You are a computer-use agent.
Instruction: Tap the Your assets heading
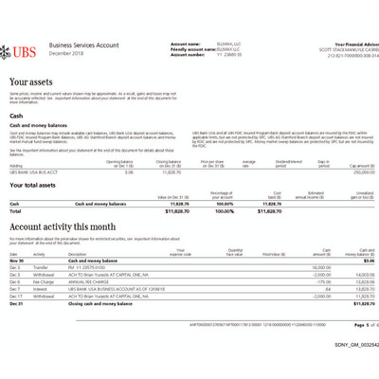pos(31,83)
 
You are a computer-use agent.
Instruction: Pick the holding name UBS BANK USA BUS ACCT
pos(31,172)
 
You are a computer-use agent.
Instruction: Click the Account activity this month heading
pos(63,227)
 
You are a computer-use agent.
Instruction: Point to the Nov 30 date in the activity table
pos(16,261)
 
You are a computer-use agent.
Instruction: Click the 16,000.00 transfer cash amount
pos(320,267)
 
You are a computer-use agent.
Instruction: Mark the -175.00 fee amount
pos(323,281)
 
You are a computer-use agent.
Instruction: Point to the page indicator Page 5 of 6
pos(352,325)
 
